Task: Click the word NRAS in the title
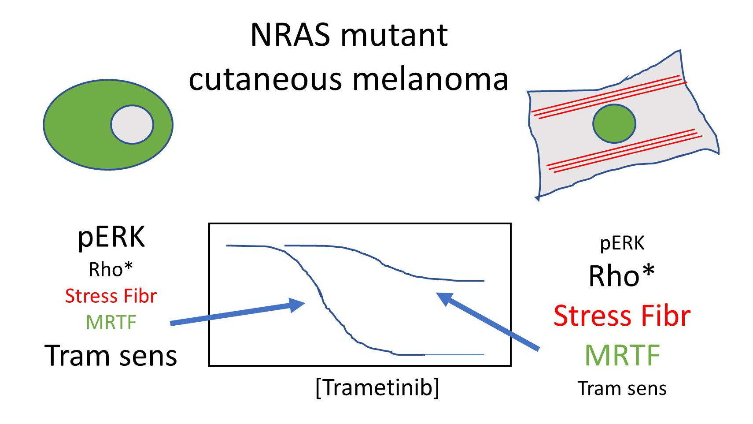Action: click(x=290, y=35)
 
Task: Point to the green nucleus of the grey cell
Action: click(x=614, y=123)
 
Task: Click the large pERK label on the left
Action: click(x=111, y=237)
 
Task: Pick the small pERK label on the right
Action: click(x=622, y=243)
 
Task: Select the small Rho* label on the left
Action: click(x=111, y=269)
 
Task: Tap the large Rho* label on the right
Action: click(x=621, y=276)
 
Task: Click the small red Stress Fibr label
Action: click(x=111, y=296)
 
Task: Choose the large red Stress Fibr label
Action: click(x=622, y=316)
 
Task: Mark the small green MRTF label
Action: click(x=111, y=322)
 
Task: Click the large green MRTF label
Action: click(x=622, y=355)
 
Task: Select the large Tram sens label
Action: click(x=111, y=356)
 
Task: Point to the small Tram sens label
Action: click(x=622, y=388)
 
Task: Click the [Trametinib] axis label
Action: click(x=377, y=388)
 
